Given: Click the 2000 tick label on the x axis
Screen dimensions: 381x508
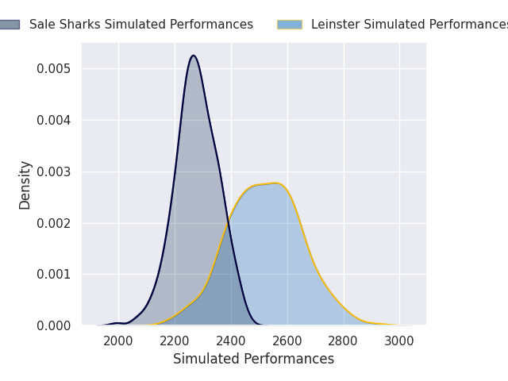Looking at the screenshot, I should tap(118, 341).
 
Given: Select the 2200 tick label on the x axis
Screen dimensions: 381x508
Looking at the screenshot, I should tap(175, 341).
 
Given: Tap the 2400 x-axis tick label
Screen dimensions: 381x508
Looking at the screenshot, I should tap(231, 341).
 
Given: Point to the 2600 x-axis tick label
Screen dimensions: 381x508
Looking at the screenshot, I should tap(287, 341).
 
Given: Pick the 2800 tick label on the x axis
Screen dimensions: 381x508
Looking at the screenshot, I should tap(344, 341).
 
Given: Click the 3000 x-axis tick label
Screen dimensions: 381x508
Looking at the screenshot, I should tap(399, 341).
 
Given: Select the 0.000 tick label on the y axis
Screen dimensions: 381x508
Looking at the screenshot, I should tap(54, 325).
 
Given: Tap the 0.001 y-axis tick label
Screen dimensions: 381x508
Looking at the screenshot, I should tap(54, 275).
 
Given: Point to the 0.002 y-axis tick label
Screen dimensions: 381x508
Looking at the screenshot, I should tap(54, 223).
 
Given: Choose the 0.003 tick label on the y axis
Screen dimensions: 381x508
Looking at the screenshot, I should tap(54, 171).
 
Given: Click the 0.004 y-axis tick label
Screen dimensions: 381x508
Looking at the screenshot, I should tap(54, 120).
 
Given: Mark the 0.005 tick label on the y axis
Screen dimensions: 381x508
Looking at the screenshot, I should tap(54, 69).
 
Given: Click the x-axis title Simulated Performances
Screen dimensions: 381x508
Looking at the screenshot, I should tap(254, 360).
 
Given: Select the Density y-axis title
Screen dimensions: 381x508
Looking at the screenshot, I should tap(25, 185).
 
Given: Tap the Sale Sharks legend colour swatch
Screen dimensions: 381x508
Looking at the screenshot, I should tap(9, 25).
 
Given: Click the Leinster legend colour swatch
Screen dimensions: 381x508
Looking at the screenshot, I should tap(290, 25).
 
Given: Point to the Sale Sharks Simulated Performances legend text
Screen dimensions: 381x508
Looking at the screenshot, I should tap(141, 25).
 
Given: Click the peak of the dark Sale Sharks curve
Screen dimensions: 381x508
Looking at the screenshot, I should tap(193, 56).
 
